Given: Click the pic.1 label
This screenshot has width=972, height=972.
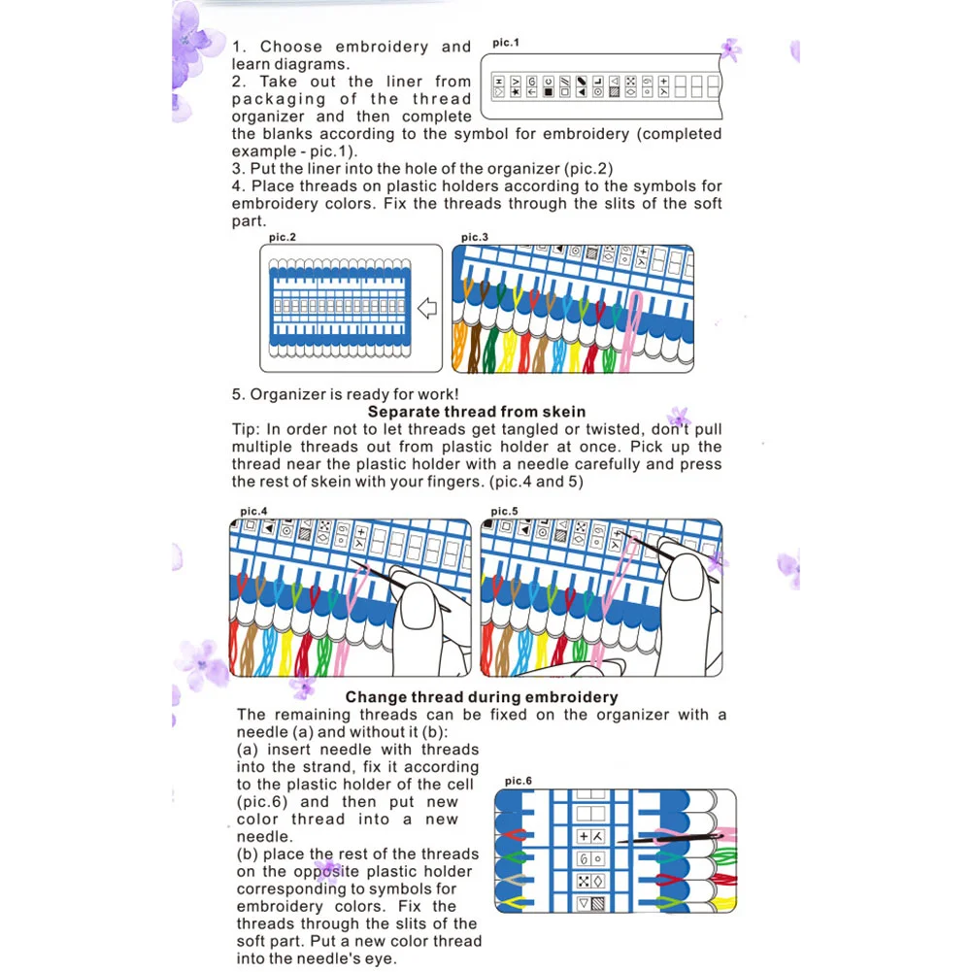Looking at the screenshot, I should point(506,43).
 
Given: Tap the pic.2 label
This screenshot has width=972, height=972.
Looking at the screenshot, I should point(284,237).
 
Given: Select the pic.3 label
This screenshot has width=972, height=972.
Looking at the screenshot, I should point(475,237).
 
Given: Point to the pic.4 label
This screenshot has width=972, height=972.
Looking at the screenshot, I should point(253,511).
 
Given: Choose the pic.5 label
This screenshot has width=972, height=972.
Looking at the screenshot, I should point(504,511).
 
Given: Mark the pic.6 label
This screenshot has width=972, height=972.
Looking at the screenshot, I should point(519,781).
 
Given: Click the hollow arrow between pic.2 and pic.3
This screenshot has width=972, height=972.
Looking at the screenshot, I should point(427,309).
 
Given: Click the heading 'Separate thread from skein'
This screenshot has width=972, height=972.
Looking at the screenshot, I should point(476,412).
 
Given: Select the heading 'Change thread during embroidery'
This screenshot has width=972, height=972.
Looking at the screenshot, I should point(482,696).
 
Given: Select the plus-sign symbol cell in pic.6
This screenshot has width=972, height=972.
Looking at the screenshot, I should point(584,835).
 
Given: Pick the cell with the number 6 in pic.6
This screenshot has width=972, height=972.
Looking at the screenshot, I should point(584,859).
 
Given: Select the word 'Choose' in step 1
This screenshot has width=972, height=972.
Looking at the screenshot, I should point(291,47).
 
